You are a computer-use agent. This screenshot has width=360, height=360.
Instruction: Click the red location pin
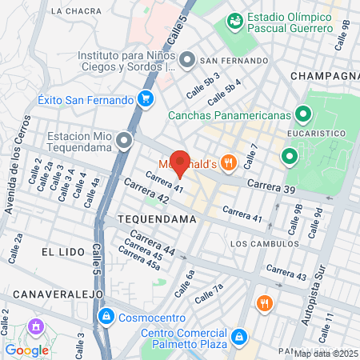[181, 163]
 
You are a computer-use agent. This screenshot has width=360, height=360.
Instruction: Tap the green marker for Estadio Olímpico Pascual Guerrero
[235, 20]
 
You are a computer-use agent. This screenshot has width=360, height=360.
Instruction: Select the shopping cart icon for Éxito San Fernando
[145, 100]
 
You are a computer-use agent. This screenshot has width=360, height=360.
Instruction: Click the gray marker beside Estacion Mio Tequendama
[123, 142]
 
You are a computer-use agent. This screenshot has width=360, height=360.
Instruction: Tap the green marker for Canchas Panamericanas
[303, 114]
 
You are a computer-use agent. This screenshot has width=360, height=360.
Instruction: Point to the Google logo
[26, 350]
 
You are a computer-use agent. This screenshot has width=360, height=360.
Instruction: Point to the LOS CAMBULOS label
[264, 243]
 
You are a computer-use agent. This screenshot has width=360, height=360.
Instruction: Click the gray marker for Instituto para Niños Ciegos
[187, 61]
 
